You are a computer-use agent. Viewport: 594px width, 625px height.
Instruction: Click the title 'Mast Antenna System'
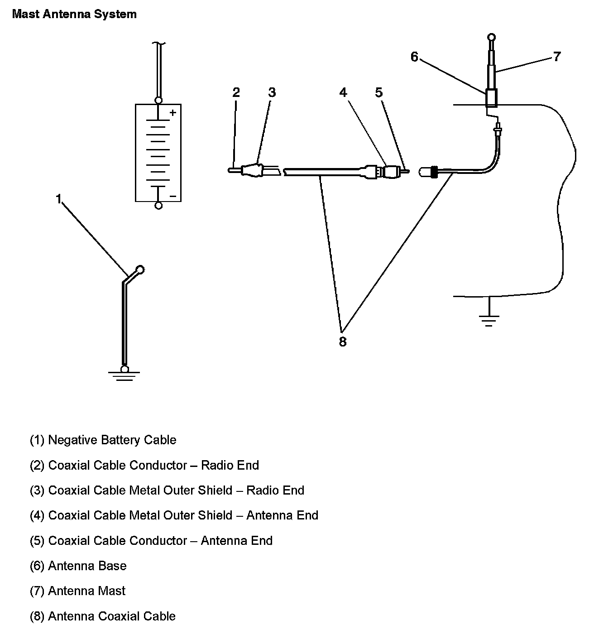coord(74,14)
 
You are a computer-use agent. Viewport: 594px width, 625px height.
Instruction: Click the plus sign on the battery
coord(172,113)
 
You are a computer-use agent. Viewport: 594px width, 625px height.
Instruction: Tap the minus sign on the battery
coord(172,196)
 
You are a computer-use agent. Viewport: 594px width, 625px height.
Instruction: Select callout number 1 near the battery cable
coord(58,199)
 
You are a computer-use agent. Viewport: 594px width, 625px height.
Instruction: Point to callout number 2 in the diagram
coord(236,92)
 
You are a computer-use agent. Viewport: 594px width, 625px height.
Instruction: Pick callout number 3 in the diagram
coord(272,92)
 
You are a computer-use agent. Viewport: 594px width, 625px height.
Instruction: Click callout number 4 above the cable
coord(343,92)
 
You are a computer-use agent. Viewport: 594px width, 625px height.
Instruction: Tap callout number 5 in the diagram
coord(379,92)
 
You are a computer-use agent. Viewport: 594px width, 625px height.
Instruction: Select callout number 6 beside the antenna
coord(415,57)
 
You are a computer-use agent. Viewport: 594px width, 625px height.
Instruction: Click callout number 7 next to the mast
coord(557,57)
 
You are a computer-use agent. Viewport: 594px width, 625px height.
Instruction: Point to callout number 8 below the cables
coord(343,341)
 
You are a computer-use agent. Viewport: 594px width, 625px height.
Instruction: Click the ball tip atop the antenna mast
coord(491,38)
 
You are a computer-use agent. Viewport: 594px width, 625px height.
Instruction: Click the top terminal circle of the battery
coord(158,101)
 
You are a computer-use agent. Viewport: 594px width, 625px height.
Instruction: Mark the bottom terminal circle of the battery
coord(158,206)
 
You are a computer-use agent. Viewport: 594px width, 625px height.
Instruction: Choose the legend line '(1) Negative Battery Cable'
coord(103,440)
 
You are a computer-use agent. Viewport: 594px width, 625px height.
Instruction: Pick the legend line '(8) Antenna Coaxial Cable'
coord(103,616)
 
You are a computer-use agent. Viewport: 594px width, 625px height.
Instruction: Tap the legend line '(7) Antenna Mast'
coord(78,591)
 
